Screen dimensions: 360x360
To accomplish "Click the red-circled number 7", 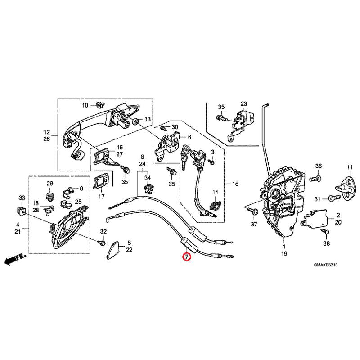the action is (x=186, y=256).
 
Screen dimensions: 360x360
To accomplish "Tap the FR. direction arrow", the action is (x=15, y=259).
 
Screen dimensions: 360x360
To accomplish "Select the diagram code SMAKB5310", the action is (x=325, y=265).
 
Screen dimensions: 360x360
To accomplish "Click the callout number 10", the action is (x=85, y=105).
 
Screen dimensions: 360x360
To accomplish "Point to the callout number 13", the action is (x=148, y=119).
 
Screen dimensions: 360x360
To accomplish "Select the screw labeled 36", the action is (x=315, y=178).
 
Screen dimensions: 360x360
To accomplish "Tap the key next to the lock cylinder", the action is (x=184, y=157).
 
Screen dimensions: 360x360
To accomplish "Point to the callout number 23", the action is (x=243, y=104).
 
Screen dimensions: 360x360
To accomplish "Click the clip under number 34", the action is (x=148, y=189).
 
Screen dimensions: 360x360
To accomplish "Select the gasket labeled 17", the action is (x=101, y=182).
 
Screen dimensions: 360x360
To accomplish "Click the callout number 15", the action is (x=235, y=184).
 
